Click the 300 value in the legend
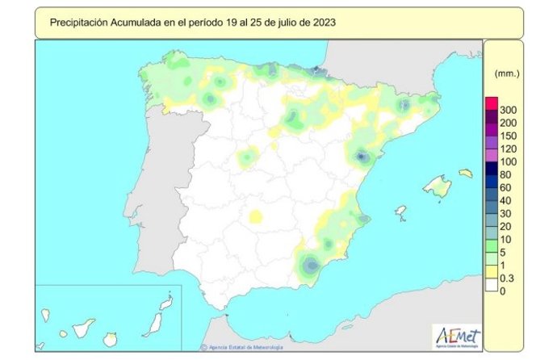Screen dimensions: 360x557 coord(508,109)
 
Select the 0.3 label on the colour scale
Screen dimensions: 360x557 coord(508,278)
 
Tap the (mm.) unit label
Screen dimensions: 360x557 coord(507,73)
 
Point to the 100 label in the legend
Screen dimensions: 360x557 coord(508,161)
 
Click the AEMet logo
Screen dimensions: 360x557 coord(457,333)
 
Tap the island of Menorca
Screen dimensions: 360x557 coord(466,173)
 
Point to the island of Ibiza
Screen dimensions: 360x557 coord(400,212)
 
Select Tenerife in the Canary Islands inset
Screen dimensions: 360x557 coord(83,329)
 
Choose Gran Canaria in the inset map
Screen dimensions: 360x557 coord(111,338)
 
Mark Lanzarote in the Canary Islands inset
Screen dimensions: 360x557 coord(166,303)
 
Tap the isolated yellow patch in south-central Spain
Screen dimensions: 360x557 coord(257,216)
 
